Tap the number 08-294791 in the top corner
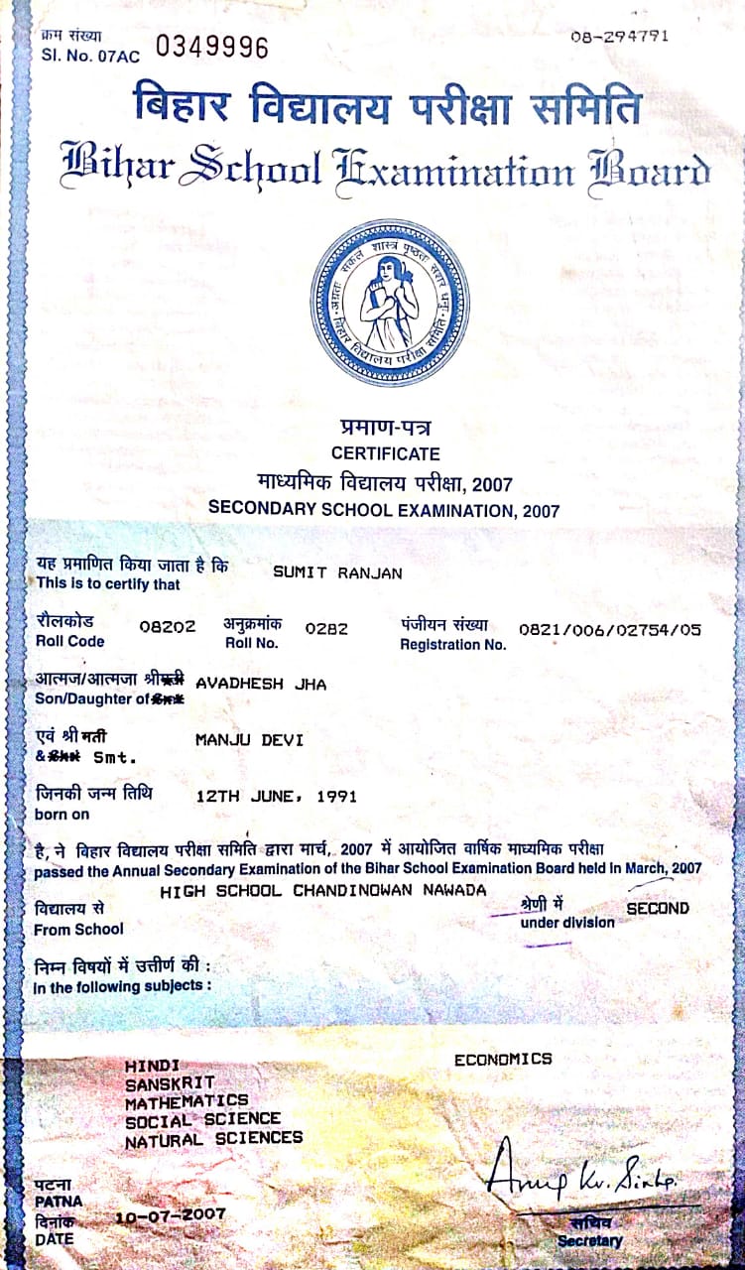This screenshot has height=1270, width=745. coord(620,37)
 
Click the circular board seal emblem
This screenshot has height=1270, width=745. coord(389,303)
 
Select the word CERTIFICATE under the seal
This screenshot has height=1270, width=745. coord(386,453)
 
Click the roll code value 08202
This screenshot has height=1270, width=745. coord(168,627)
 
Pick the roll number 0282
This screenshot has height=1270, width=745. coord(326,627)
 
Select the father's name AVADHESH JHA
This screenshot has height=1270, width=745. coord(261,684)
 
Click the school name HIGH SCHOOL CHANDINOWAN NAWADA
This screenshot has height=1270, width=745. coord(323,891)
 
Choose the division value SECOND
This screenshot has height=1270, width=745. coord(657,907)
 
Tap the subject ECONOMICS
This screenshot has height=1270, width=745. coord(503,1060)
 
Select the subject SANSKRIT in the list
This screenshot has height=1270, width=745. coord(169,1082)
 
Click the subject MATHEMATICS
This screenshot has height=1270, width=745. coord(186,1101)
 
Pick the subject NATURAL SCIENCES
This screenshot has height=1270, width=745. coord(213,1139)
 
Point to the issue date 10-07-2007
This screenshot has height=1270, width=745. coord(171,1214)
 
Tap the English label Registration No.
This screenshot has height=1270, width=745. coord(452,644)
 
